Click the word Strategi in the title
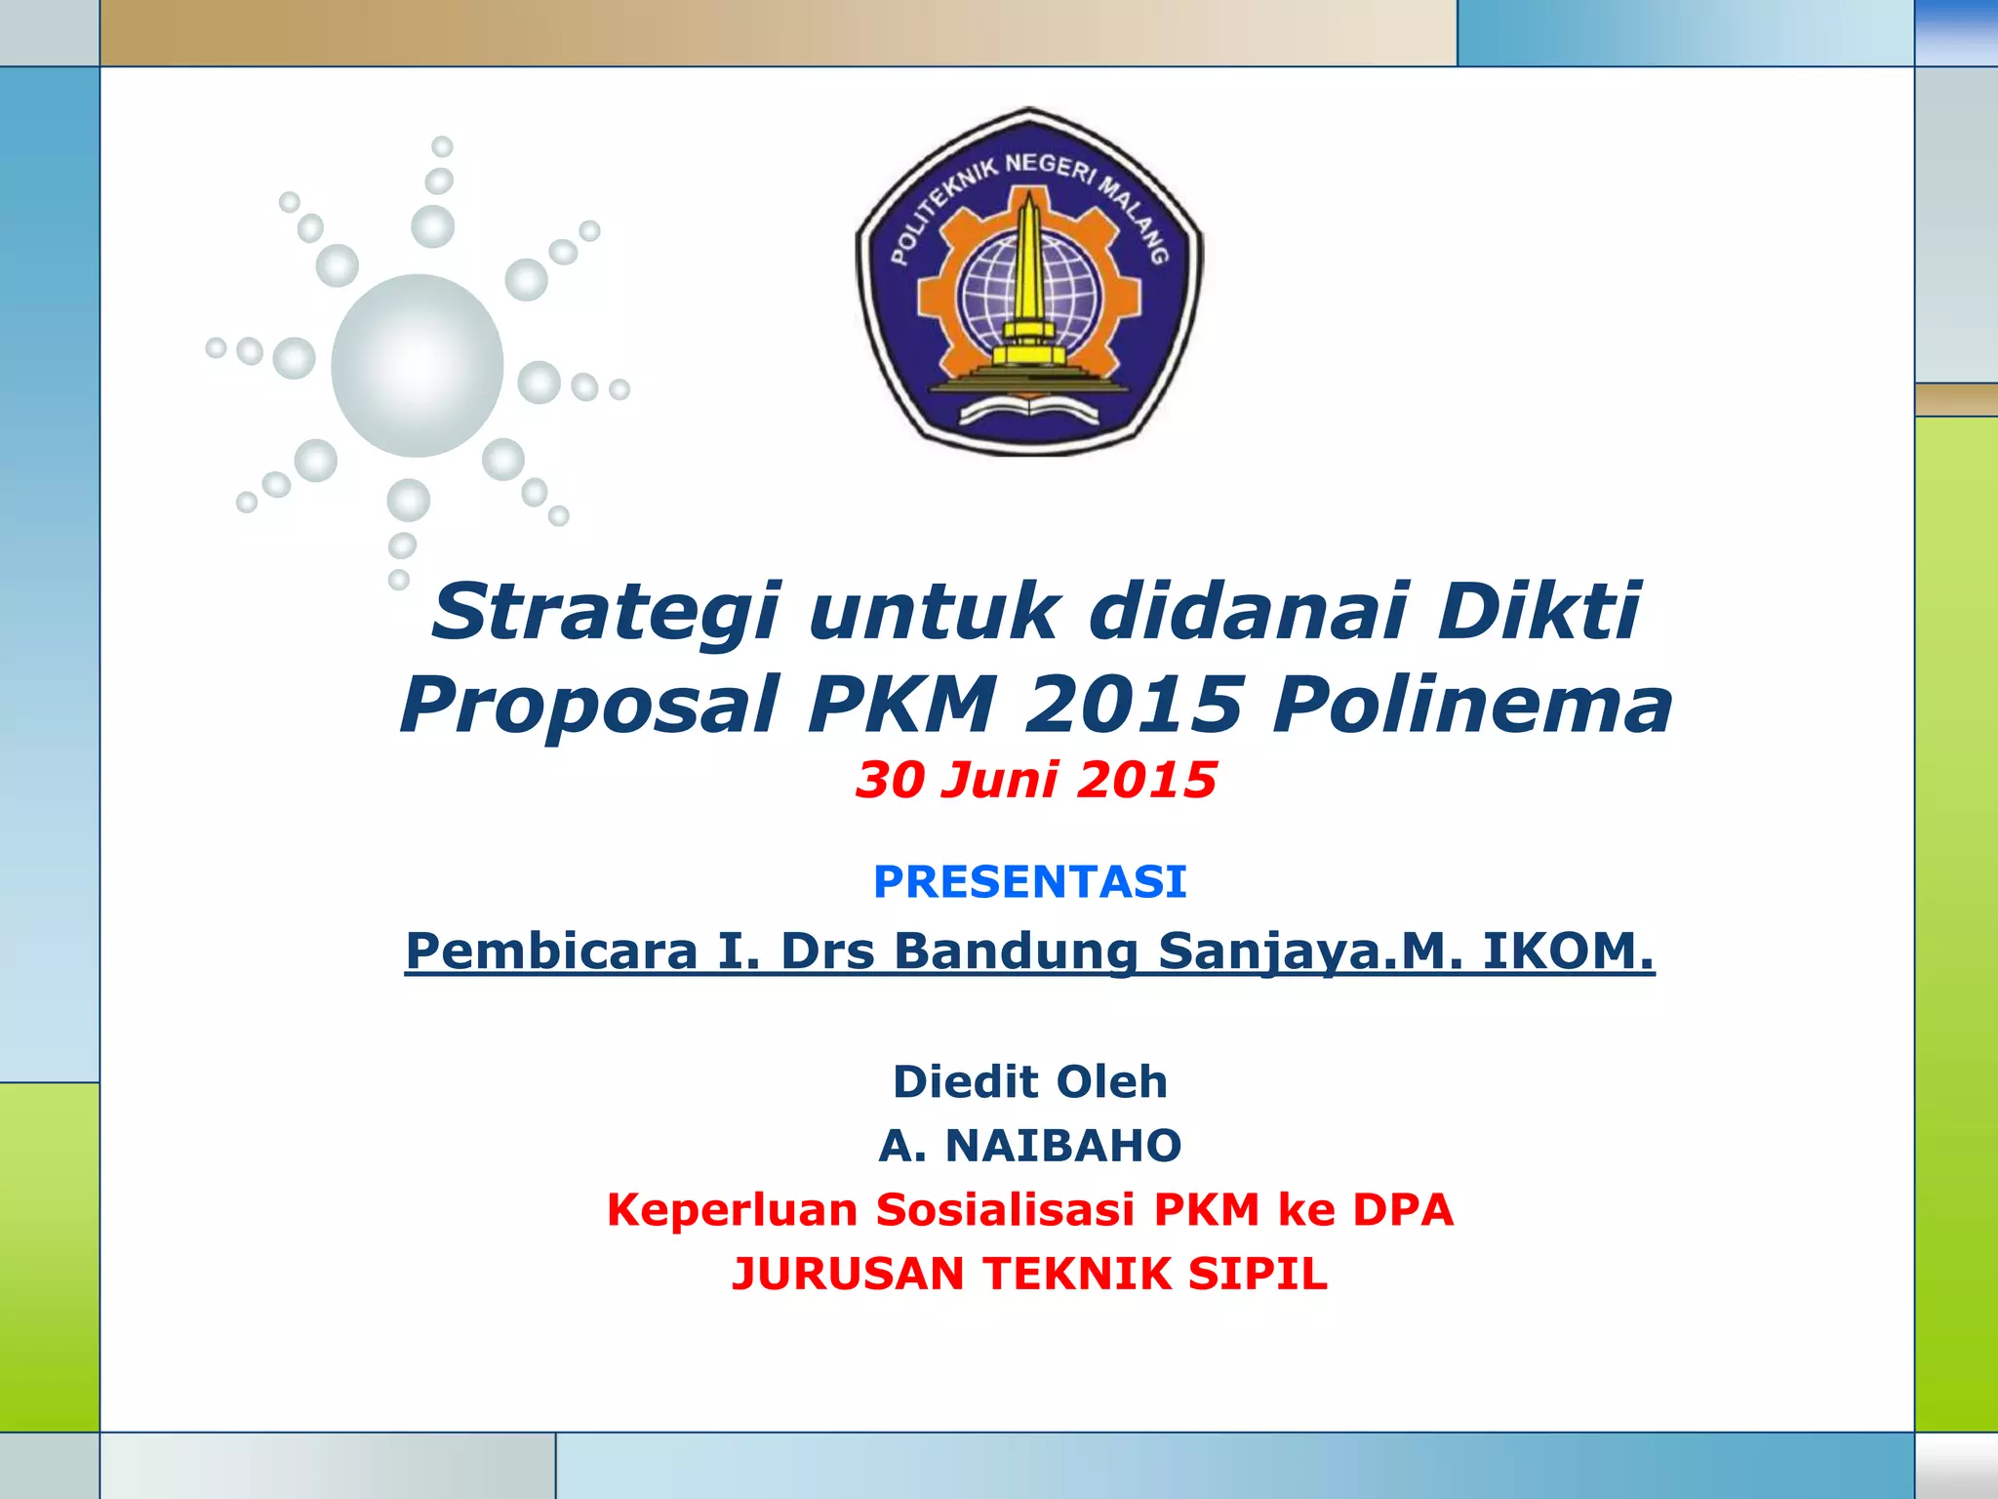pyautogui.click(x=605, y=613)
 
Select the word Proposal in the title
pyautogui.click(x=589, y=705)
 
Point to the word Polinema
pyautogui.click(x=1472, y=705)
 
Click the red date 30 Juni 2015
pyautogui.click(x=1035, y=780)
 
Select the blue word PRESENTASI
pyautogui.click(x=1029, y=881)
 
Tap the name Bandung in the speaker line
pyautogui.click(x=1016, y=951)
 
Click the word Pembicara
pyautogui.click(x=552, y=951)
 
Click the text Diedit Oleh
pyautogui.click(x=1029, y=1081)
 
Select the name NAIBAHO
pyautogui.click(x=1063, y=1145)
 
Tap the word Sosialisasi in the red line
pyautogui.click(x=1005, y=1209)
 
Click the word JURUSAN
pyautogui.click(x=848, y=1274)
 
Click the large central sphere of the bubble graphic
pyautogui.click(x=417, y=365)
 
